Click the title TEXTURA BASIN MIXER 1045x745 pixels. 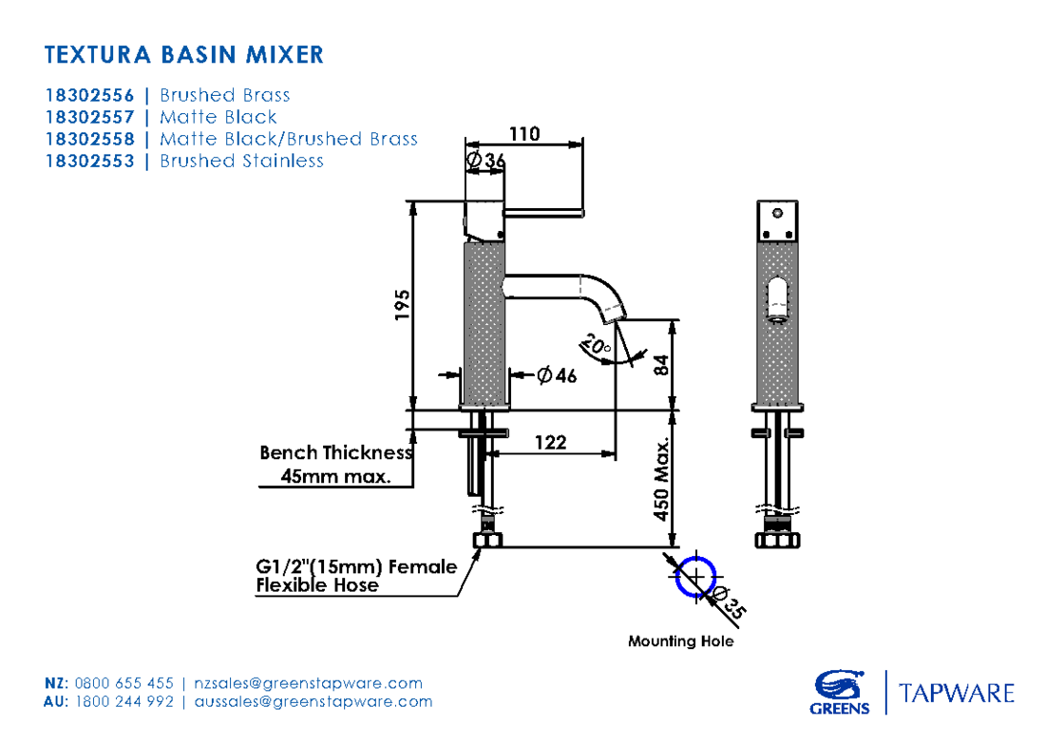[184, 54]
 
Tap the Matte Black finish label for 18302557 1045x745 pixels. [218, 117]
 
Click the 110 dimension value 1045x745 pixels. [523, 134]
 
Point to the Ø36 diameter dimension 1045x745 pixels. [485, 162]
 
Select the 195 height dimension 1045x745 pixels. [402, 306]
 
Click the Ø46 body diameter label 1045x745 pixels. [558, 375]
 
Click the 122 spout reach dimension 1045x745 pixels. [551, 442]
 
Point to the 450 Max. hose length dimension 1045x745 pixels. [662, 479]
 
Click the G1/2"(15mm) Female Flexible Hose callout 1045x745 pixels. [355, 576]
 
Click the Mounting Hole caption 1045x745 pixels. [680, 641]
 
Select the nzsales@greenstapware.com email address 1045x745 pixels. [308, 683]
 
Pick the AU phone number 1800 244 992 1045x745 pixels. [123, 702]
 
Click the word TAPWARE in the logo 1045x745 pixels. [957, 693]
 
